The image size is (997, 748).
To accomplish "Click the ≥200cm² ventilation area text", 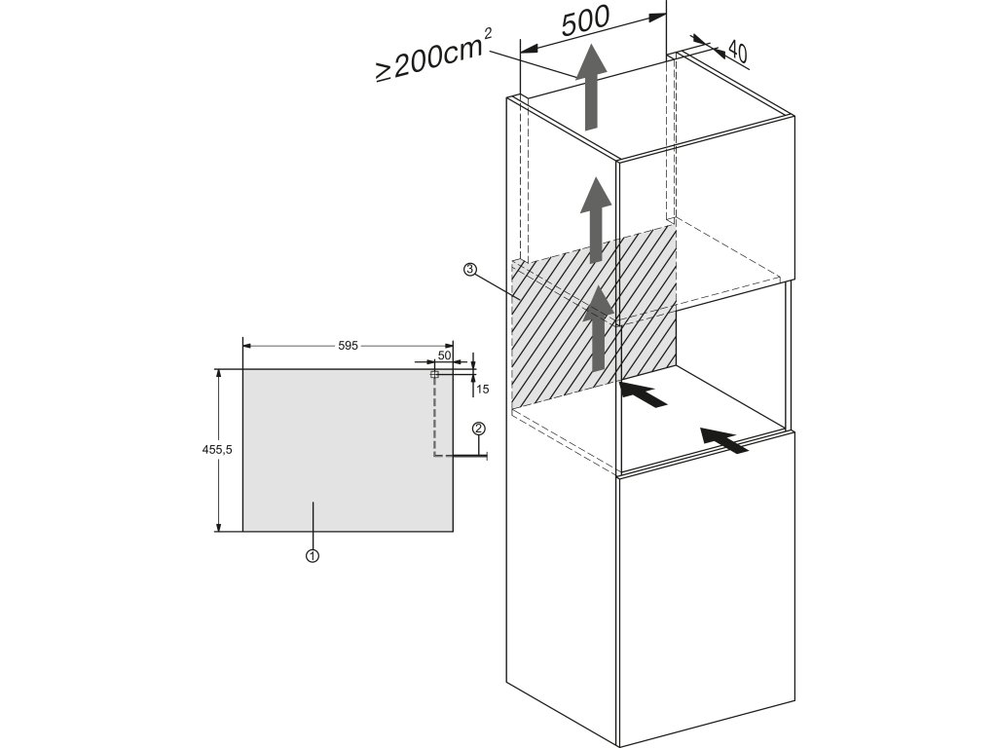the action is coord(433,56).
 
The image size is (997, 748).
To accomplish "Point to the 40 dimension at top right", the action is coord(737,53).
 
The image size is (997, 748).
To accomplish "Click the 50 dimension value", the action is coord(444,355).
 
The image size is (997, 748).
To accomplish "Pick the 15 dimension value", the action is coord(483,389).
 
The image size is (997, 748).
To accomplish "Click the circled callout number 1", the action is coord(313,555).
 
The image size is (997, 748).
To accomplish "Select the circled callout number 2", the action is coord(478,429).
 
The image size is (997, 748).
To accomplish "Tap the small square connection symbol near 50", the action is coord(434,374).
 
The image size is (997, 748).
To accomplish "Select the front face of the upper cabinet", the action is coord(706,209).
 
